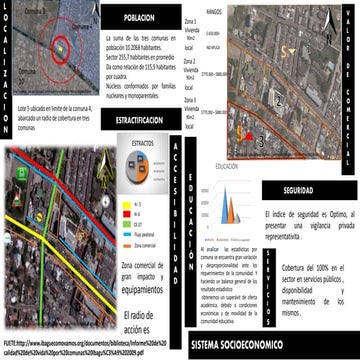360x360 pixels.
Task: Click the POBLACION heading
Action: point(140,19)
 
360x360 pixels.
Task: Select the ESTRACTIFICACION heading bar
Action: point(140,119)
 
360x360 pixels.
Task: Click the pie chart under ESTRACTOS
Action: point(143,171)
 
